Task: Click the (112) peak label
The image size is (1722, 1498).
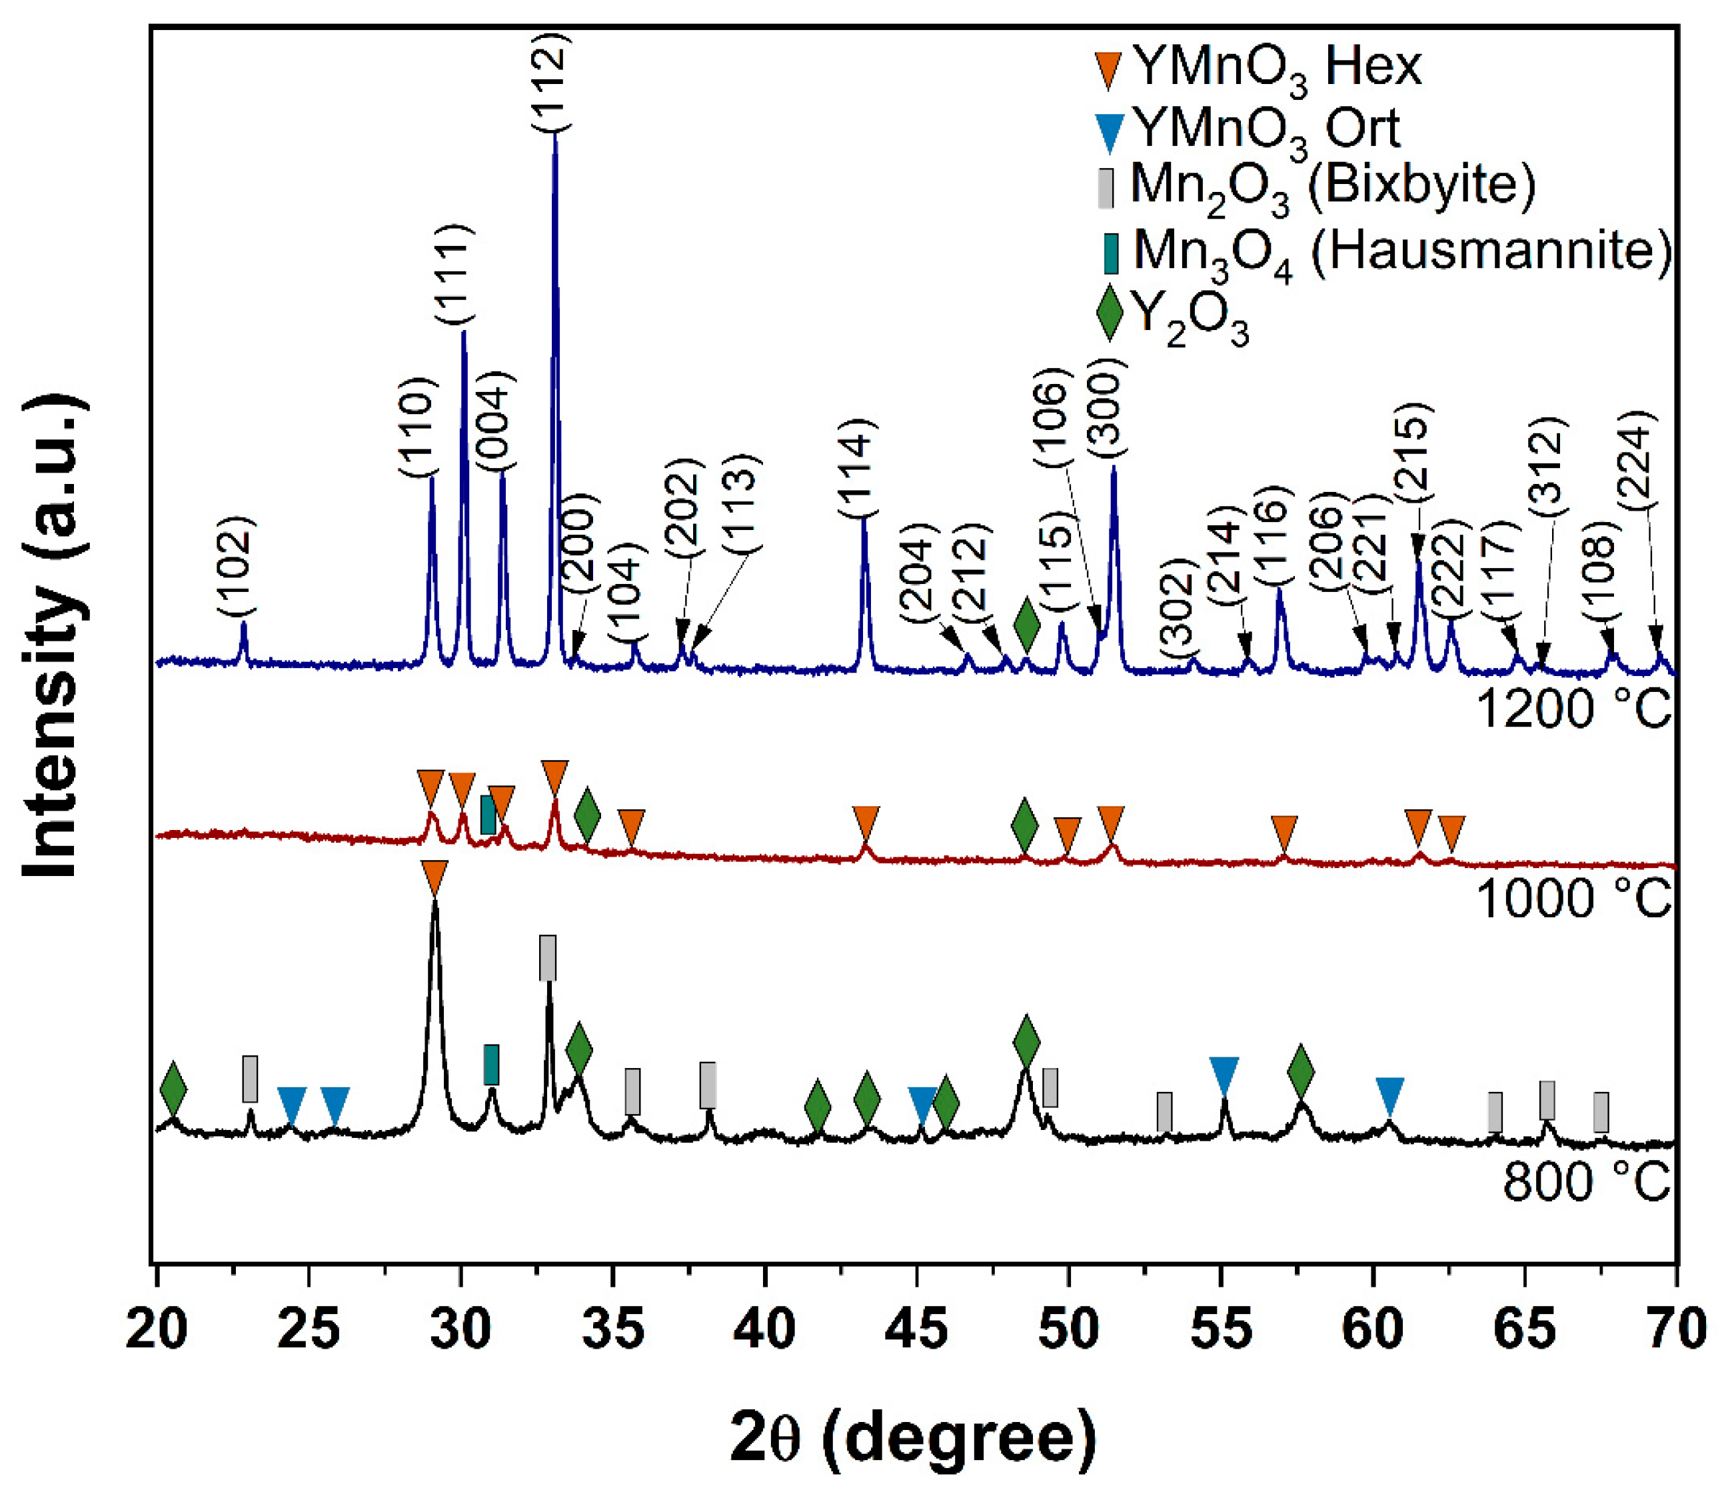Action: pos(551,81)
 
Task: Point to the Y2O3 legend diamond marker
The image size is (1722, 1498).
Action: pos(1109,313)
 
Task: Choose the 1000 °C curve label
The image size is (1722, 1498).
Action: pos(1573,899)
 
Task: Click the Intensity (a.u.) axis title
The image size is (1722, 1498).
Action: pos(54,637)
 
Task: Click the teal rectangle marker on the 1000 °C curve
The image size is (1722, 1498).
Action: pos(488,814)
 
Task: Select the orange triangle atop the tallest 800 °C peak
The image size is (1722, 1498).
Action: pos(434,878)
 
